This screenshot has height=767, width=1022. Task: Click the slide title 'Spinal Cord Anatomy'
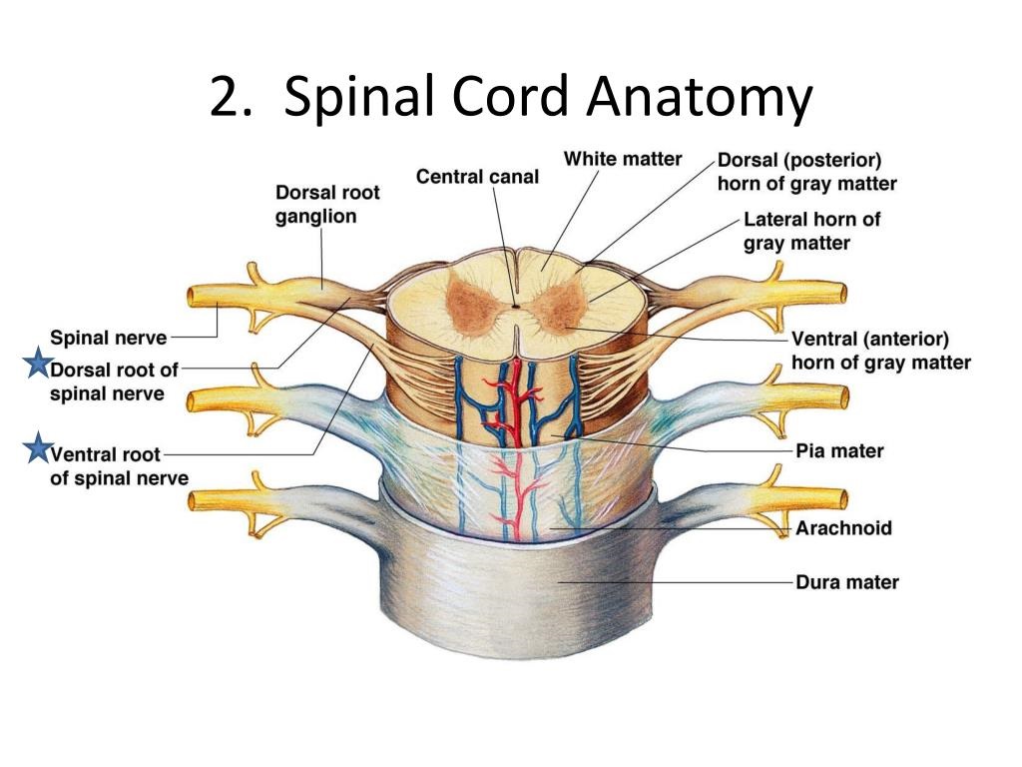[x=547, y=99]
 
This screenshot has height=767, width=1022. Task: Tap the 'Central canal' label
[x=477, y=177]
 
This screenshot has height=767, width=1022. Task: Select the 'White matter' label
[x=623, y=159]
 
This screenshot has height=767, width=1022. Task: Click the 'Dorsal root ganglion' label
[x=327, y=204]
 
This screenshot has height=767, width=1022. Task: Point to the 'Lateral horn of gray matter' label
[x=811, y=231]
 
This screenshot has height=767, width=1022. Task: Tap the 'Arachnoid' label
[x=843, y=528]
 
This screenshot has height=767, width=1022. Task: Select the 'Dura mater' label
[x=846, y=581]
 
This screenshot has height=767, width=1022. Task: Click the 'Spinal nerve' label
[x=108, y=338]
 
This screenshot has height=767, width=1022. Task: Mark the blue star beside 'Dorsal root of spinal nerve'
[x=37, y=365]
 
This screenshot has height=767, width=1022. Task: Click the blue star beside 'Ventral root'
[x=37, y=450]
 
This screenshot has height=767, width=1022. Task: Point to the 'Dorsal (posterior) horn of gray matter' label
[x=806, y=172]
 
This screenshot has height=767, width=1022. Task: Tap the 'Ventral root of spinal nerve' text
[x=119, y=466]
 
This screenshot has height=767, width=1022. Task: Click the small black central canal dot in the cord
[x=515, y=306]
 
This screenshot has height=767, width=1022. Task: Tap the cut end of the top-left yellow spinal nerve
[x=193, y=297]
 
